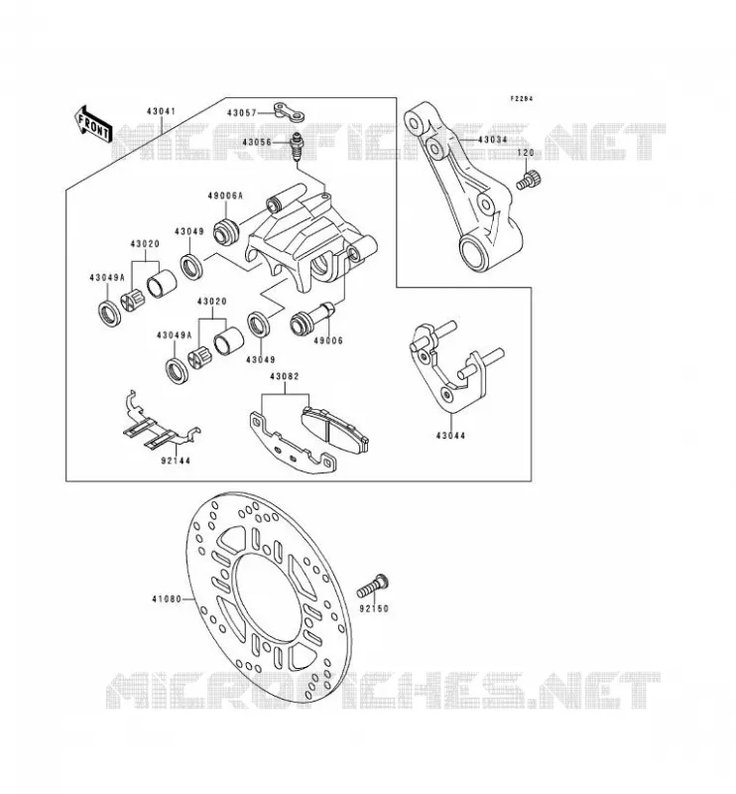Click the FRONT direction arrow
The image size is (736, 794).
92,125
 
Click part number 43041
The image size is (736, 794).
162,111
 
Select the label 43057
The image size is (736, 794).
241,112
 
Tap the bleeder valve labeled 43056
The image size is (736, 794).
298,146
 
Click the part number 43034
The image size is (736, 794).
493,139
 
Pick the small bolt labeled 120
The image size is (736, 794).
529,181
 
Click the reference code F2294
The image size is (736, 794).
522,99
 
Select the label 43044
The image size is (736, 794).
450,436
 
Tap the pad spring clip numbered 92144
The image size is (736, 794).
160,421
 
